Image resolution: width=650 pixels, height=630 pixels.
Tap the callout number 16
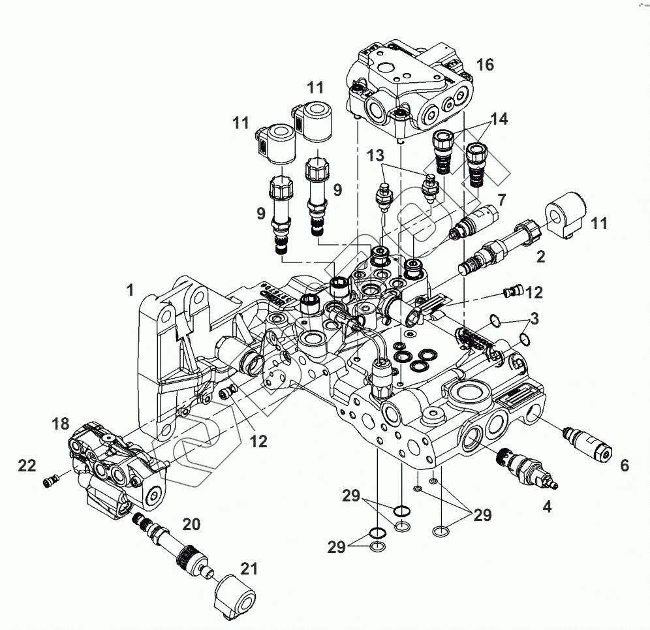[x=485, y=65]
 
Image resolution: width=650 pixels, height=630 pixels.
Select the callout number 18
[x=60, y=424]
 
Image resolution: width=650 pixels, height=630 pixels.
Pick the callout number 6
[x=625, y=465]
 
